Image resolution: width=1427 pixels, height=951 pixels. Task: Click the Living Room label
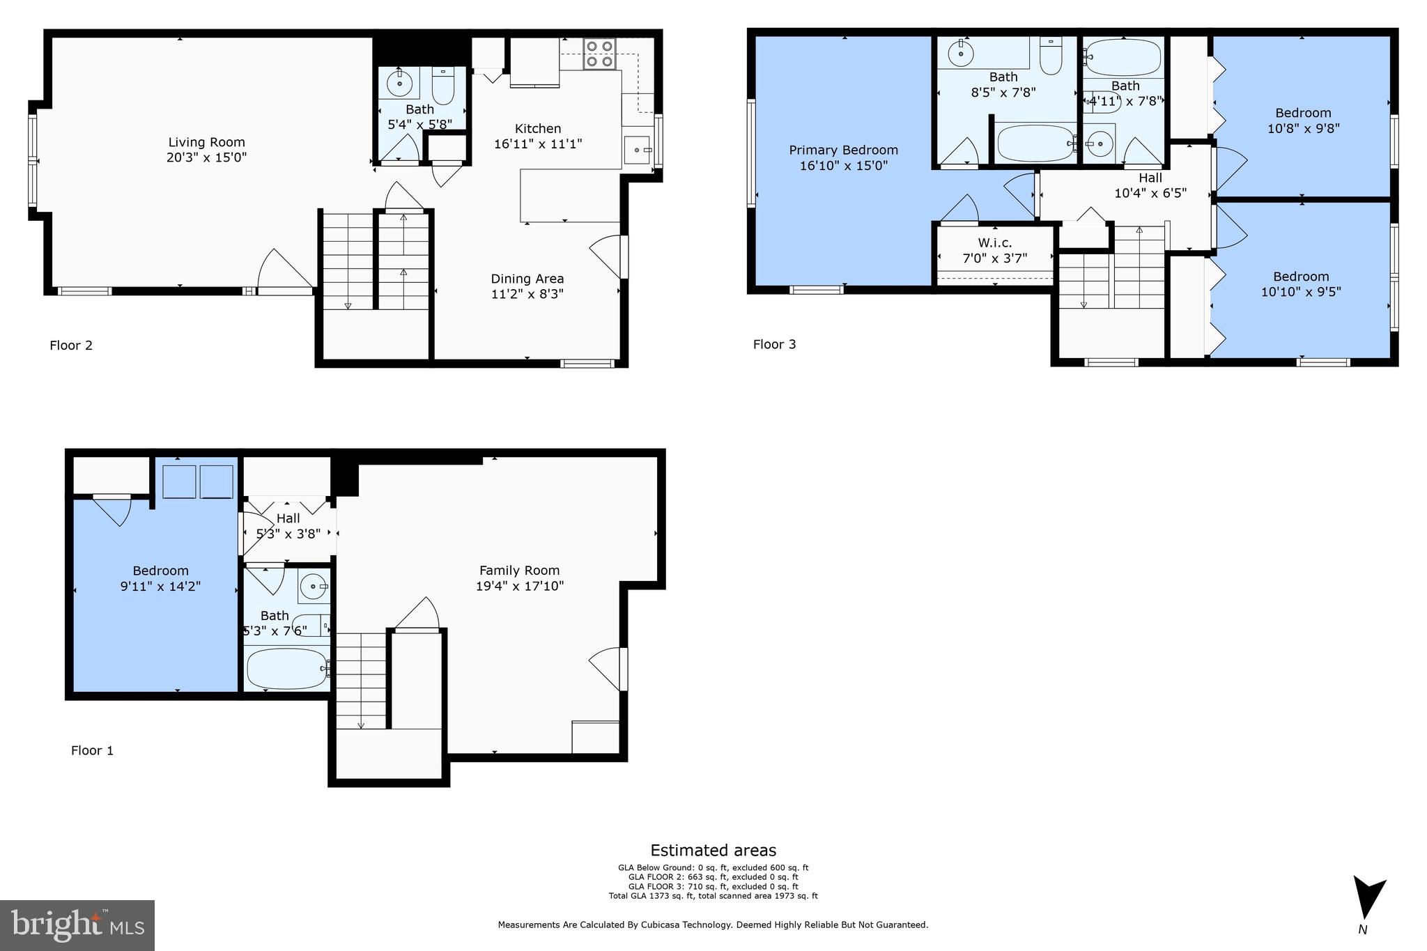[206, 143]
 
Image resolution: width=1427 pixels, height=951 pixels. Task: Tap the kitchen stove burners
[599, 54]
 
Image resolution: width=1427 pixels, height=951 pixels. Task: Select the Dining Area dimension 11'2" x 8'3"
[527, 294]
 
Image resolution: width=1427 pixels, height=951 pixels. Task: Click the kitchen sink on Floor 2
[637, 150]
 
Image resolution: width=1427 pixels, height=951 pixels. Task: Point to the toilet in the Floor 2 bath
[443, 86]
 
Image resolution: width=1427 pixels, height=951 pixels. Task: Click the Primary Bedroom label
[843, 150]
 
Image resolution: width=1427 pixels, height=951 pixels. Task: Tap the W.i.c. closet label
[994, 243]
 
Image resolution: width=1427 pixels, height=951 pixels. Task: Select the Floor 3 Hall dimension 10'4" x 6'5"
[1150, 193]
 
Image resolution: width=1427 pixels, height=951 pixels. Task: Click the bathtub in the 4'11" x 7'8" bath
[1123, 56]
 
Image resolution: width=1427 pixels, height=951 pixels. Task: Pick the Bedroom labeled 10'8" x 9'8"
[1303, 113]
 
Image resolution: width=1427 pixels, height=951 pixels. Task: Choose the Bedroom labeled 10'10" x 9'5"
[1301, 277]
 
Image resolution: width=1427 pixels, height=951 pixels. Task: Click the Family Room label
[519, 571]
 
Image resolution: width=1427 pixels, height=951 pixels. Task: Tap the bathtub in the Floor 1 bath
[286, 668]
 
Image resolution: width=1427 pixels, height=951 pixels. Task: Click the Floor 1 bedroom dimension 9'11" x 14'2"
[160, 586]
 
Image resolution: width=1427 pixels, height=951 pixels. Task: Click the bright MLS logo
[77, 925]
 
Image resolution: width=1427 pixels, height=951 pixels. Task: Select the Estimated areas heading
[713, 850]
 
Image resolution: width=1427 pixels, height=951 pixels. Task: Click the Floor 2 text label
[71, 346]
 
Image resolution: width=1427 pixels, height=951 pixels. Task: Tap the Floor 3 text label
[774, 344]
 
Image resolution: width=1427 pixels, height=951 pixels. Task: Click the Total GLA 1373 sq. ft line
[713, 896]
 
